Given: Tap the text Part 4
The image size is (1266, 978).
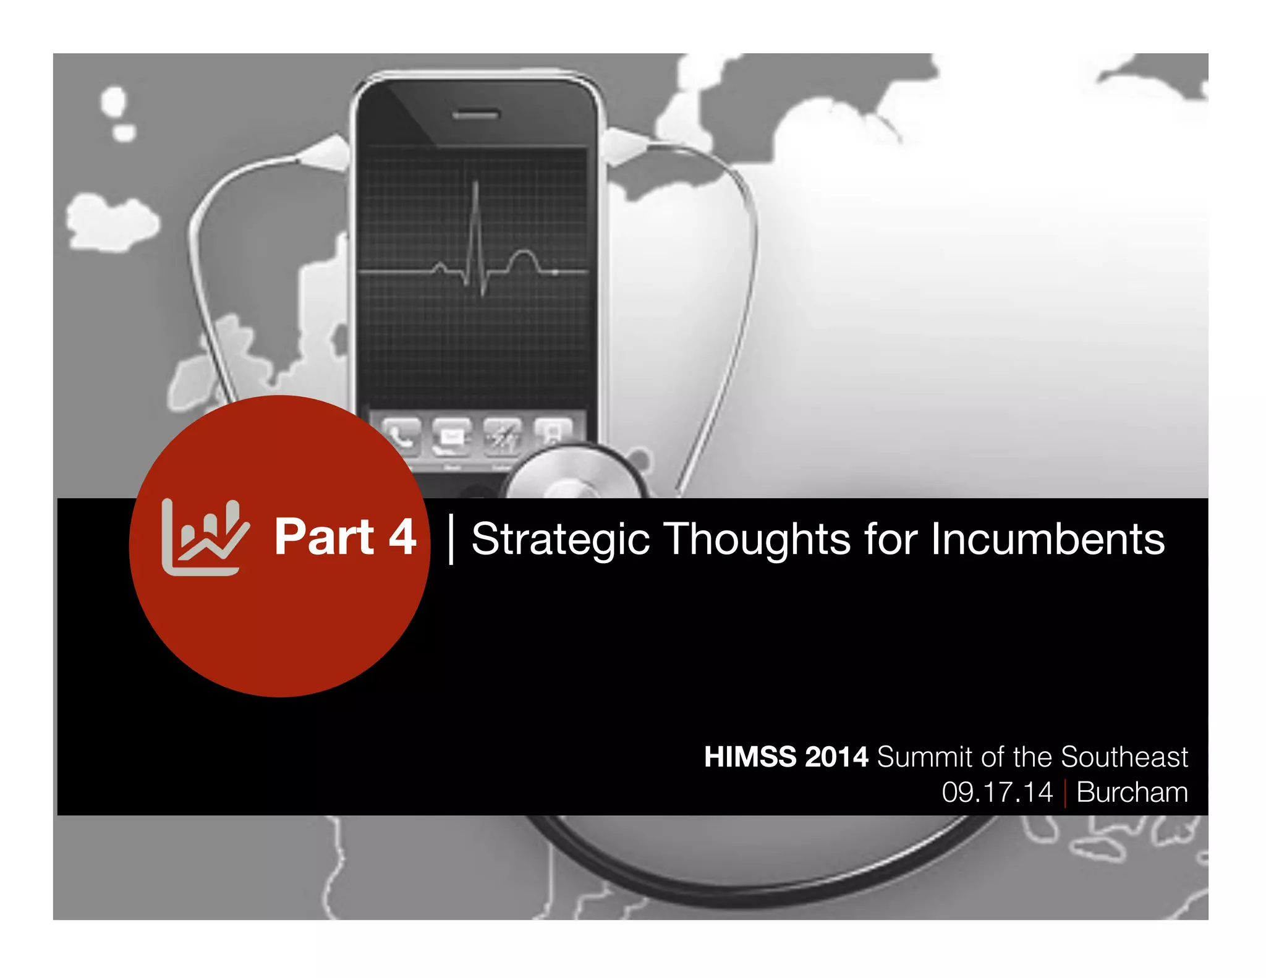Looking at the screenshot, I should (345, 537).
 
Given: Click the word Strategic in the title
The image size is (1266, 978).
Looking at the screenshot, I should (560, 539).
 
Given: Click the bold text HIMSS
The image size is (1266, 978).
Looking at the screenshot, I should (750, 757).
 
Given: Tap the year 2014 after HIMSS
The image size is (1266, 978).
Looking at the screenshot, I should (836, 757).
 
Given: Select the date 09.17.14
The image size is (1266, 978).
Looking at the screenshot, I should (996, 792).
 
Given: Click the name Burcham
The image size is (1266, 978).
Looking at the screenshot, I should (1132, 792).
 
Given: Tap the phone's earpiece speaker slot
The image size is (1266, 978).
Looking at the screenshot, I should (475, 115).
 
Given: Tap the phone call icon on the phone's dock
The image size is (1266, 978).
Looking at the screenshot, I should (401, 436).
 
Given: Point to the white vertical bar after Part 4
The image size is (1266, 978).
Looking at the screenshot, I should (451, 539).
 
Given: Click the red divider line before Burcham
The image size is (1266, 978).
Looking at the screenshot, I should (1064, 793).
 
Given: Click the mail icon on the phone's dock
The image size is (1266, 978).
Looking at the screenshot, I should (451, 436).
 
